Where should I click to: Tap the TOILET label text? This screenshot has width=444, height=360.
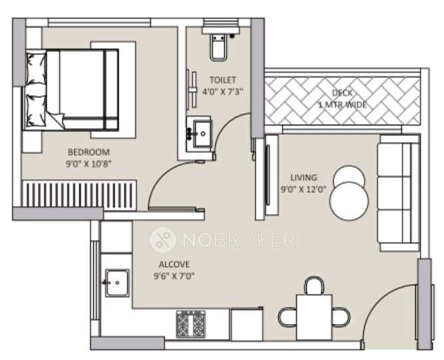(221, 79)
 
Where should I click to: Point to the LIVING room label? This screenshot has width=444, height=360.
(303, 177)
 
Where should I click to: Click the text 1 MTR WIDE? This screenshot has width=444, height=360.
(343, 105)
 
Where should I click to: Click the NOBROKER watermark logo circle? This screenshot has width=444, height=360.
(161, 238)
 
